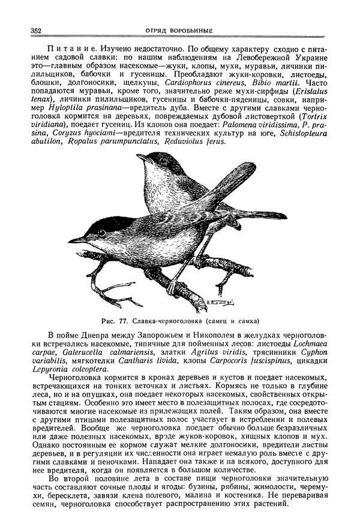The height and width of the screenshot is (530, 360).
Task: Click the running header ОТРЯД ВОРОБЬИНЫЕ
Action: pyautogui.click(x=180, y=31)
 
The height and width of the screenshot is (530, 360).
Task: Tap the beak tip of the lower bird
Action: pyautogui.click(x=70, y=241)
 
